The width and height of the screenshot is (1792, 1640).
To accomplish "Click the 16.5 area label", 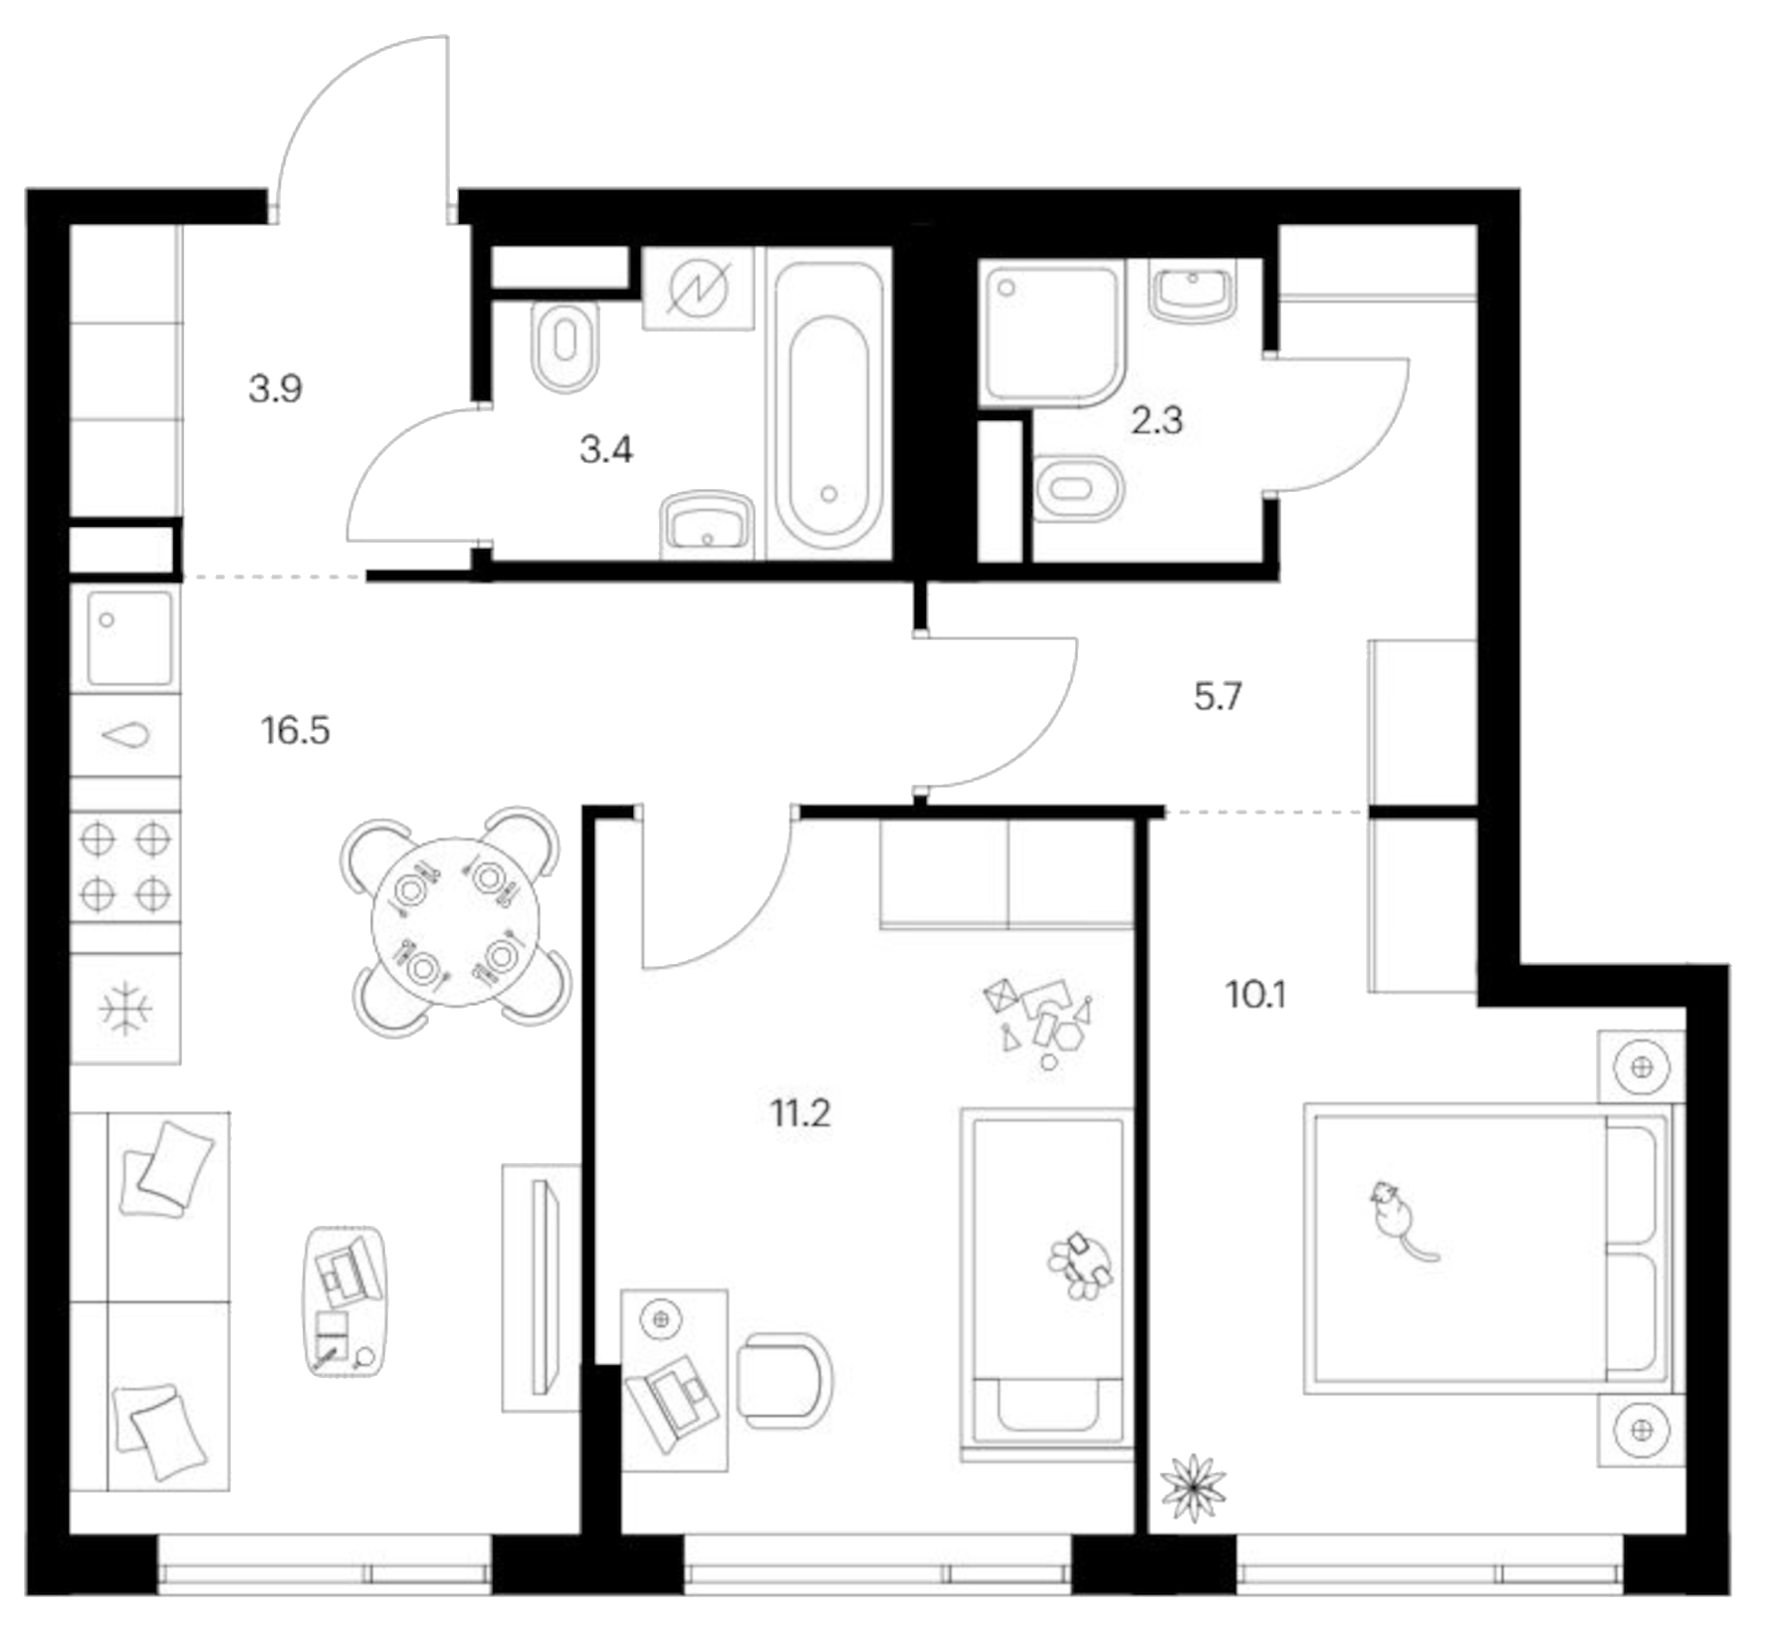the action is click(x=295, y=731).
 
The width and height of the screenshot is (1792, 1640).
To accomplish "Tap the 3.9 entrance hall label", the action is click(x=275, y=388).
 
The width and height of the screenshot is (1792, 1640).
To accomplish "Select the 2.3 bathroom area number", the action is click(x=1157, y=420).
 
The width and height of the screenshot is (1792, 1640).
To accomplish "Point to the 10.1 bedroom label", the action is click(x=1255, y=994).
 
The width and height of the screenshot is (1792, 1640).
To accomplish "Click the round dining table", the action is click(x=455, y=923).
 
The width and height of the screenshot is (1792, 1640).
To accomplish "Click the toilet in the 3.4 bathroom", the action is click(x=565, y=345).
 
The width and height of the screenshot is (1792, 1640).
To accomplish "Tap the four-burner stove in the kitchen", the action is click(x=125, y=866).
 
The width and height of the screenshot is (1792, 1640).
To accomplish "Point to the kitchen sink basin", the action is click(x=129, y=637).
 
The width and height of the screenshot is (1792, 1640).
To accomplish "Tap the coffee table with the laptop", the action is click(x=344, y=1301).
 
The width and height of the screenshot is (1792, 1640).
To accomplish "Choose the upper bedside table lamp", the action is click(x=1642, y=1067).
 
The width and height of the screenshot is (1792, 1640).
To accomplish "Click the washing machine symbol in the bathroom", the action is click(x=699, y=289).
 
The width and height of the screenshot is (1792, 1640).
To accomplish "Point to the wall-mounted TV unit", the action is click(x=542, y=1288).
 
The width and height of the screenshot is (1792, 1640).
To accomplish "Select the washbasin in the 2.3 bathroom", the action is click(x=1193, y=289).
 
